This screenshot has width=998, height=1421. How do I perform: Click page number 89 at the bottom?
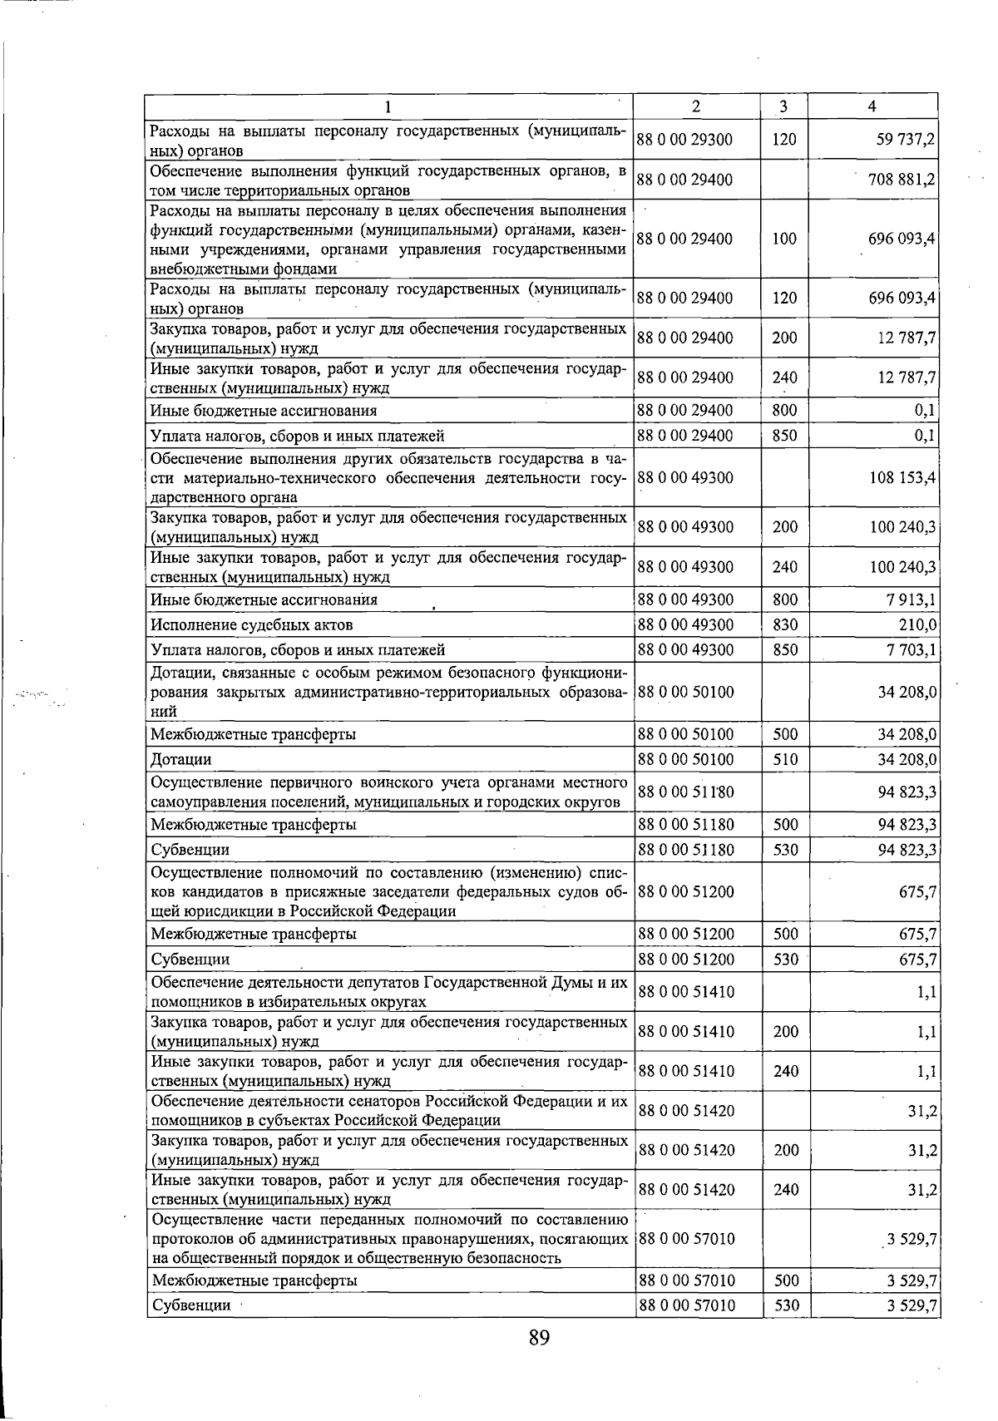(539, 1338)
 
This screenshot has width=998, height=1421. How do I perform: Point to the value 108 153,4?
(902, 478)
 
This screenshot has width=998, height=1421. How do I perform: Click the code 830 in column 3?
(784, 624)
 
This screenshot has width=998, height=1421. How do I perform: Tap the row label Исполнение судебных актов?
(252, 624)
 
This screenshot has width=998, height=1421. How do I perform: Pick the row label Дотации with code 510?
(180, 759)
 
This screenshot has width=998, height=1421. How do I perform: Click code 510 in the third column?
(784, 759)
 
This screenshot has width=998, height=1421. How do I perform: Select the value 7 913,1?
(912, 599)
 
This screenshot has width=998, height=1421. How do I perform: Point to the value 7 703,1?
(912, 649)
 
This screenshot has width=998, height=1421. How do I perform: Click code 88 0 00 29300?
(684, 140)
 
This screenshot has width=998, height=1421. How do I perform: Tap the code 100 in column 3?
(784, 239)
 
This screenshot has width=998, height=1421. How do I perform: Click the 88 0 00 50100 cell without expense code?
(684, 692)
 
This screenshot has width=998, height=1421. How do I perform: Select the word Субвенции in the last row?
(190, 1305)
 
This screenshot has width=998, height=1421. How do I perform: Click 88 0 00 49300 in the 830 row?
(684, 624)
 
